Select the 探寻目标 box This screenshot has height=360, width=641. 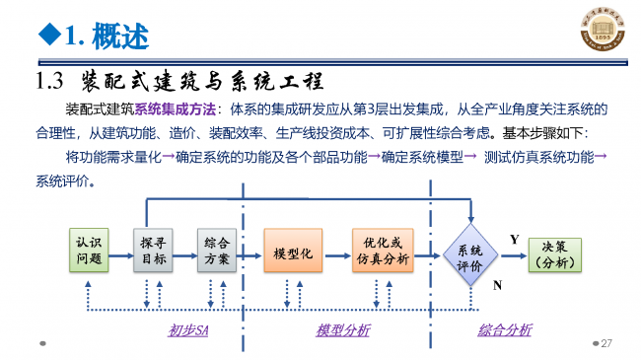click(153, 252)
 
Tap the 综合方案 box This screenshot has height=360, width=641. click(218, 252)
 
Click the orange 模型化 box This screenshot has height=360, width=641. click(293, 252)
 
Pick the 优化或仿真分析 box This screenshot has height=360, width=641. click(382, 252)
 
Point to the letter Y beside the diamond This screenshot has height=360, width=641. click(514, 240)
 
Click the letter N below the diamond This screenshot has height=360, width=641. click(497, 285)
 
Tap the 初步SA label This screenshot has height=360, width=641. click(188, 330)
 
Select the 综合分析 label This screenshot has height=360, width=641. click(504, 330)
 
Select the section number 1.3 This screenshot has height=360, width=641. click(49, 80)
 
